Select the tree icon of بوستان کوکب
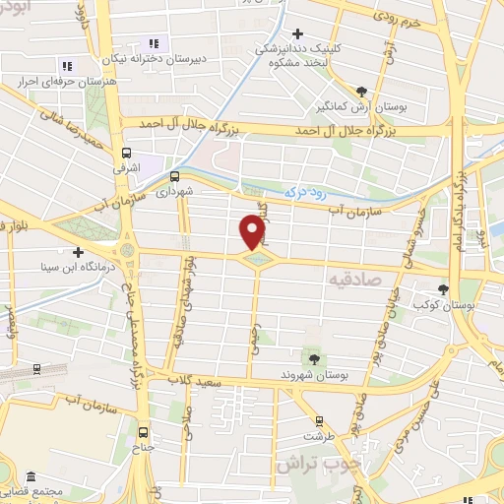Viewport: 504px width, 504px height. tap(442, 290)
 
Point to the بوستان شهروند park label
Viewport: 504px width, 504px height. tap(314, 375)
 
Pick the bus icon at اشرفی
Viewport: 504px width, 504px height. tap(126, 153)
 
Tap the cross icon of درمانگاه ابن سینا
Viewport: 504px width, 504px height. tap(78, 252)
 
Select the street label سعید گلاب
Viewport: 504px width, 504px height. tap(196, 380)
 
